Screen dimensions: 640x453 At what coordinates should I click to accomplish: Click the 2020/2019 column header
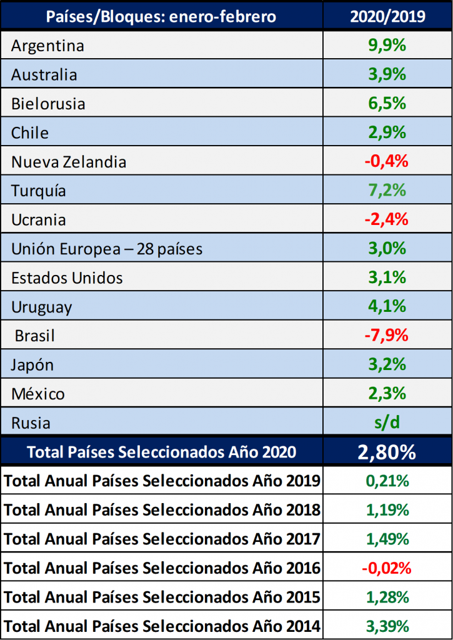(x=387, y=16)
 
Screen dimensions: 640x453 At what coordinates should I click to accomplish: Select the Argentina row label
(x=47, y=46)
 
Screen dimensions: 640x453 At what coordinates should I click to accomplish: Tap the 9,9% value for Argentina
(x=387, y=46)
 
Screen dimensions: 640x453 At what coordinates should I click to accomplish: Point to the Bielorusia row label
(x=48, y=104)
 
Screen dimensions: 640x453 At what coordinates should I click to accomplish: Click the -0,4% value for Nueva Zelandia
(x=386, y=162)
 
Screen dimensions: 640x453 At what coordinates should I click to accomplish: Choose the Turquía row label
(x=39, y=191)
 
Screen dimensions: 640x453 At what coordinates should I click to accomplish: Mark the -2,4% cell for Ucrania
(x=386, y=220)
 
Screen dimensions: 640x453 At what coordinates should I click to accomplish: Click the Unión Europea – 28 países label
(x=107, y=249)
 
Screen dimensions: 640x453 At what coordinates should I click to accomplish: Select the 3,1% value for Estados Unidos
(x=387, y=277)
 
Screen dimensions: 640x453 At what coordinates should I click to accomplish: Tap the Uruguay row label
(x=42, y=307)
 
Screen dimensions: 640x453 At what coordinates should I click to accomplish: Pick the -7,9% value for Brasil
(x=386, y=336)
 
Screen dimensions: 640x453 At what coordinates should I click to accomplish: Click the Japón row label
(x=32, y=365)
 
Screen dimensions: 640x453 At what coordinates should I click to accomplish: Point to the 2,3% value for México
(x=387, y=394)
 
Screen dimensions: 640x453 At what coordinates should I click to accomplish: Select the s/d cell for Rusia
(x=387, y=422)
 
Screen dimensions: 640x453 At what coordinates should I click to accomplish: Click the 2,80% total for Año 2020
(x=387, y=452)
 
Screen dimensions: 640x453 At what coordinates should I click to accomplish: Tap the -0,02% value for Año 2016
(x=386, y=568)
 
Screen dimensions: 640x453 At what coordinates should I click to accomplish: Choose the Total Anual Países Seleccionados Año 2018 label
(x=162, y=510)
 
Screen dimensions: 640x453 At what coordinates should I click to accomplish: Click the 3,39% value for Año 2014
(x=387, y=626)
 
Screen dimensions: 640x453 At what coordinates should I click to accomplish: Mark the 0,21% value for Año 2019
(x=387, y=481)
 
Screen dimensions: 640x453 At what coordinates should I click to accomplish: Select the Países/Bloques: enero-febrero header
(x=161, y=16)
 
